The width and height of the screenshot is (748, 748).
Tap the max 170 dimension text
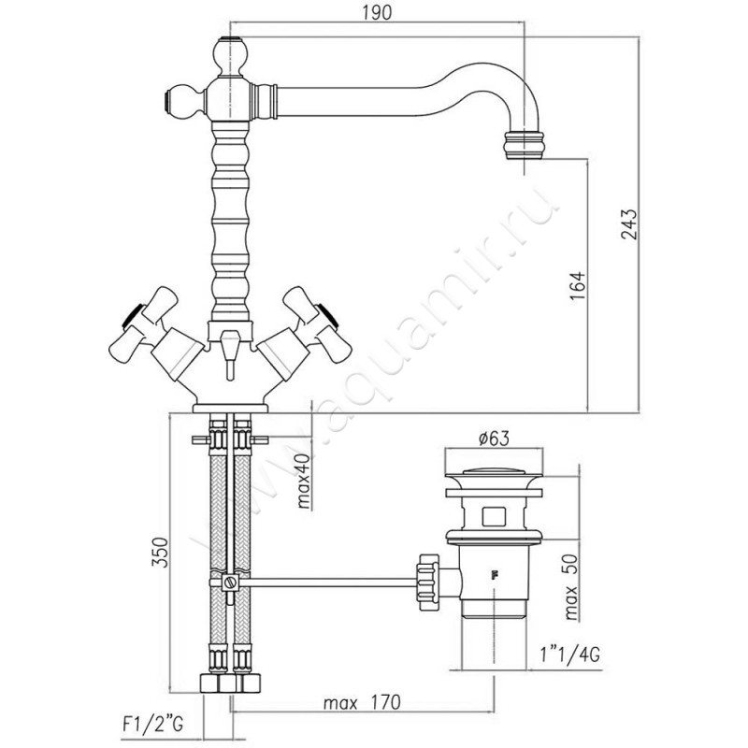358,700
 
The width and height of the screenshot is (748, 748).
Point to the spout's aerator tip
522,147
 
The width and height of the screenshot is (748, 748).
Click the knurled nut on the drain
426,580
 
